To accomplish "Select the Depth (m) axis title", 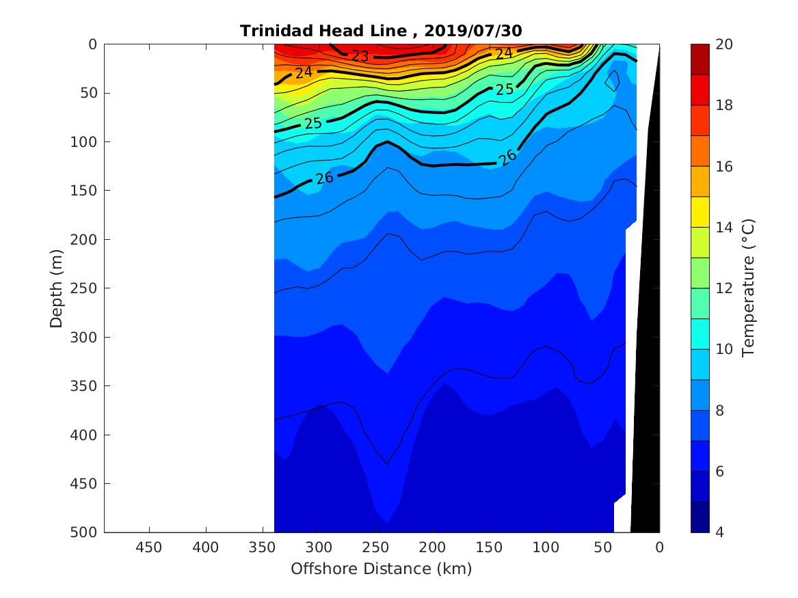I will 57,288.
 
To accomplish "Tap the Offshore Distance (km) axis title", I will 381,569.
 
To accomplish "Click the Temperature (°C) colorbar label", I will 747,288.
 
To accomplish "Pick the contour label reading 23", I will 360,56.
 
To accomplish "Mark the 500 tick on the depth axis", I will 85,532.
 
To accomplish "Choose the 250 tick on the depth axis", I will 85,288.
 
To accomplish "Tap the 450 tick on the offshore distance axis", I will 149,547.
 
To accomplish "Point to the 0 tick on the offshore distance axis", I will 659,547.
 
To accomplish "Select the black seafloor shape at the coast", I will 646,342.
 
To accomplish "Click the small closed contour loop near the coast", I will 613,81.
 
